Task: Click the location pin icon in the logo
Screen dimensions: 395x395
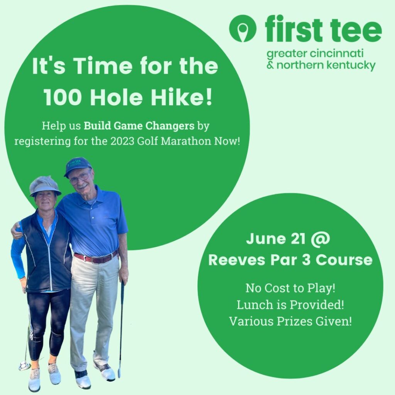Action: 243,28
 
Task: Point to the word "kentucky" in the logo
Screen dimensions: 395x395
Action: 351,65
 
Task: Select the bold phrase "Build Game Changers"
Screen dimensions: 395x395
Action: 139,125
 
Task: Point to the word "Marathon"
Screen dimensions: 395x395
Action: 186,141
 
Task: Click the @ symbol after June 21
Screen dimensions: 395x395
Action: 320,238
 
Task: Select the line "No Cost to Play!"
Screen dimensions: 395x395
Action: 290,288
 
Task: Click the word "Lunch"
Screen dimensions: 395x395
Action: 255,305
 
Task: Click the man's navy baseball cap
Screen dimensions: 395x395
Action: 77,166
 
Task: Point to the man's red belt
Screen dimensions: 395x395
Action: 96,257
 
